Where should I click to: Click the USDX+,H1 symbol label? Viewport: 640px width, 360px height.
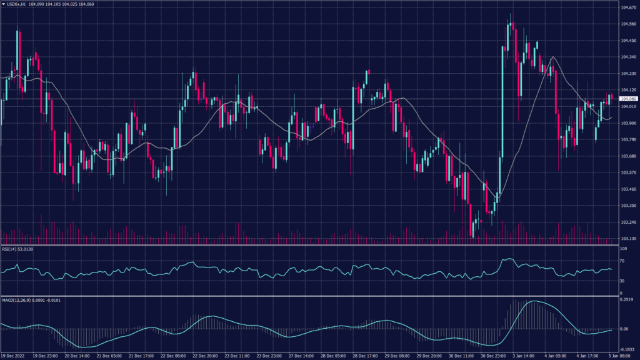[x=16, y=4]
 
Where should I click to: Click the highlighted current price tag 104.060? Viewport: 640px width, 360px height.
[x=628, y=99]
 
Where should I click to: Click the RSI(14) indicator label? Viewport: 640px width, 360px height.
[x=9, y=249]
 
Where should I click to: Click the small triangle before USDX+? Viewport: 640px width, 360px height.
[x=2, y=4]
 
